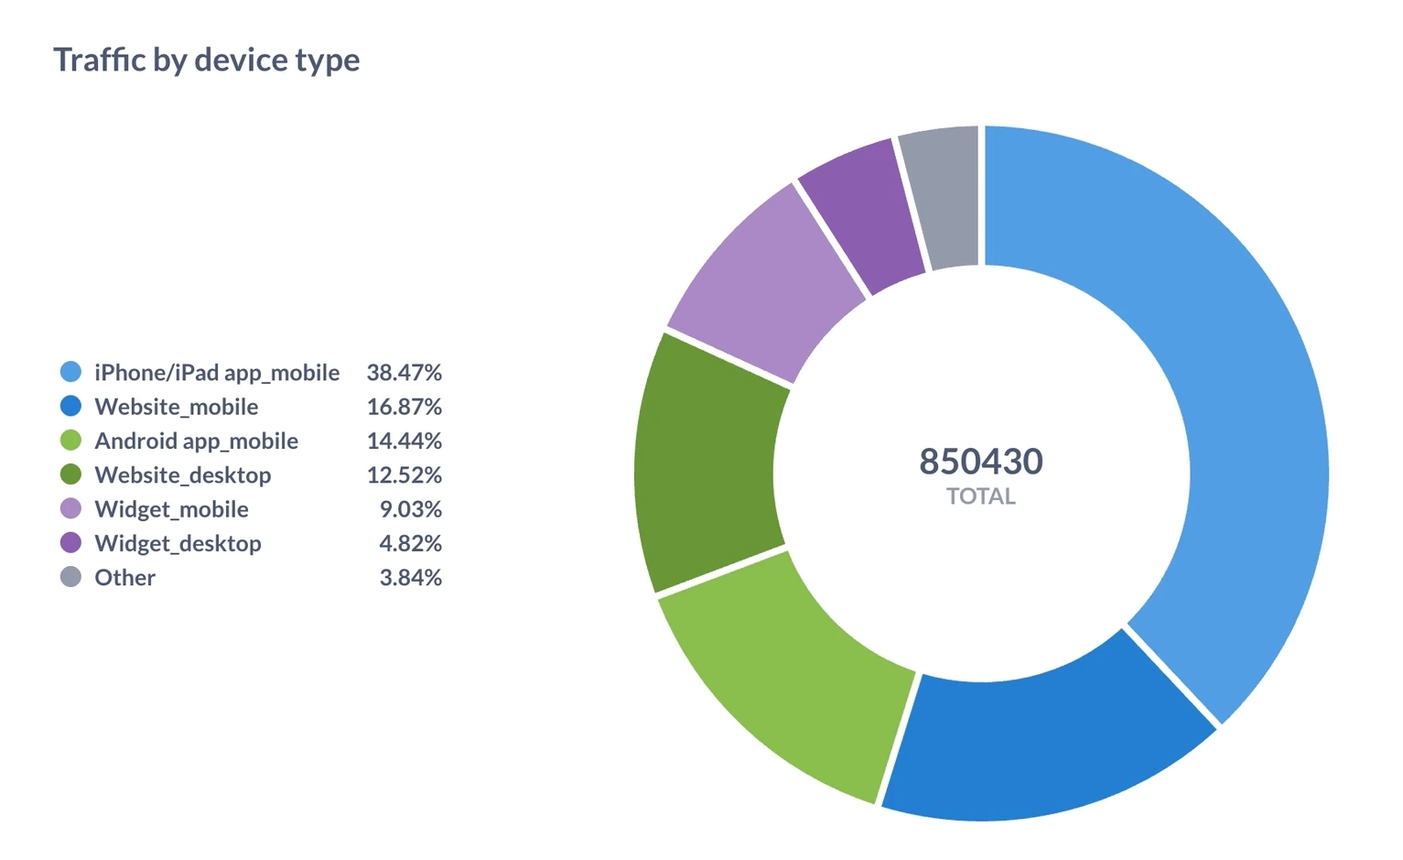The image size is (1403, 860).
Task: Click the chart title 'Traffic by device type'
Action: (206, 60)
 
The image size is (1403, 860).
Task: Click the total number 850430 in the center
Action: (981, 462)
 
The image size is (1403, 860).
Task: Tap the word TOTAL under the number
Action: (981, 496)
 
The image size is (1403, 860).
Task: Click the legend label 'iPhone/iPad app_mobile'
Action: (217, 373)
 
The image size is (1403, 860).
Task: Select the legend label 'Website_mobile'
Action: (176, 407)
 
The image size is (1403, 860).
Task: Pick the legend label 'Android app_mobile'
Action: (196, 441)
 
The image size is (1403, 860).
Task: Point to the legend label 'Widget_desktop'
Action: (178, 543)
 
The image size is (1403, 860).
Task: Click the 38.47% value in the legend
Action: (404, 373)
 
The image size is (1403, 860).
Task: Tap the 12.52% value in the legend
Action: (404, 475)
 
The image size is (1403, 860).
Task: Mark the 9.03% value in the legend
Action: (410, 509)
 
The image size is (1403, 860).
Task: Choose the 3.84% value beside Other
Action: (410, 577)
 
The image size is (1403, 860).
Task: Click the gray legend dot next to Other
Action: (70, 577)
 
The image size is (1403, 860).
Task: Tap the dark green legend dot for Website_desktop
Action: (70, 474)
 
